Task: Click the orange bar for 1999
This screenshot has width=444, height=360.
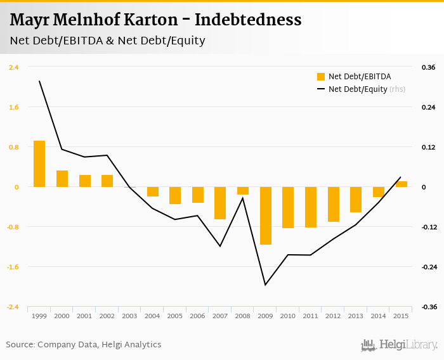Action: (x=39, y=164)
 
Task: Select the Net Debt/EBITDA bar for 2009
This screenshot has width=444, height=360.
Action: (x=265, y=215)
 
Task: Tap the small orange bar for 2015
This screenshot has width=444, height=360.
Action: (x=402, y=184)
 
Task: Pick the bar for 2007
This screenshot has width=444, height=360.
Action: (x=220, y=203)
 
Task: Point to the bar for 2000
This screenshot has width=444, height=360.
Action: (x=62, y=179)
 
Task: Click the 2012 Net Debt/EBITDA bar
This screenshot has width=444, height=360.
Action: (x=334, y=204)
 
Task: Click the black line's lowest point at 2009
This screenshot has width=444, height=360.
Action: (x=265, y=285)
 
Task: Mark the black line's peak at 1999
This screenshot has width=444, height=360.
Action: (x=39, y=81)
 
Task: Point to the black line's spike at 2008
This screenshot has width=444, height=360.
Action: (x=243, y=198)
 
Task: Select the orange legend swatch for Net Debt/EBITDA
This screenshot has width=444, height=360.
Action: (x=321, y=77)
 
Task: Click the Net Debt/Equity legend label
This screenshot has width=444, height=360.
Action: (x=358, y=89)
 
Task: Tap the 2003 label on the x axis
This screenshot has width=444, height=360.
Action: (x=129, y=316)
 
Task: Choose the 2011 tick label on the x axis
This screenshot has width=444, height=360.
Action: (x=310, y=316)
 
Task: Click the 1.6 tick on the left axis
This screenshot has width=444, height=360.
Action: (x=13, y=107)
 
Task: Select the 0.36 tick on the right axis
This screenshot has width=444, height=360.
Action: (x=428, y=67)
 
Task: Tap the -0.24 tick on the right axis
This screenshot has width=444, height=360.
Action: (x=429, y=267)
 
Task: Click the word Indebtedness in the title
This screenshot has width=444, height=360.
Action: (x=248, y=20)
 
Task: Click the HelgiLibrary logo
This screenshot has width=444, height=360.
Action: (x=400, y=345)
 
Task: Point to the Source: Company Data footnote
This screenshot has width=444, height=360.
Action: (x=84, y=345)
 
